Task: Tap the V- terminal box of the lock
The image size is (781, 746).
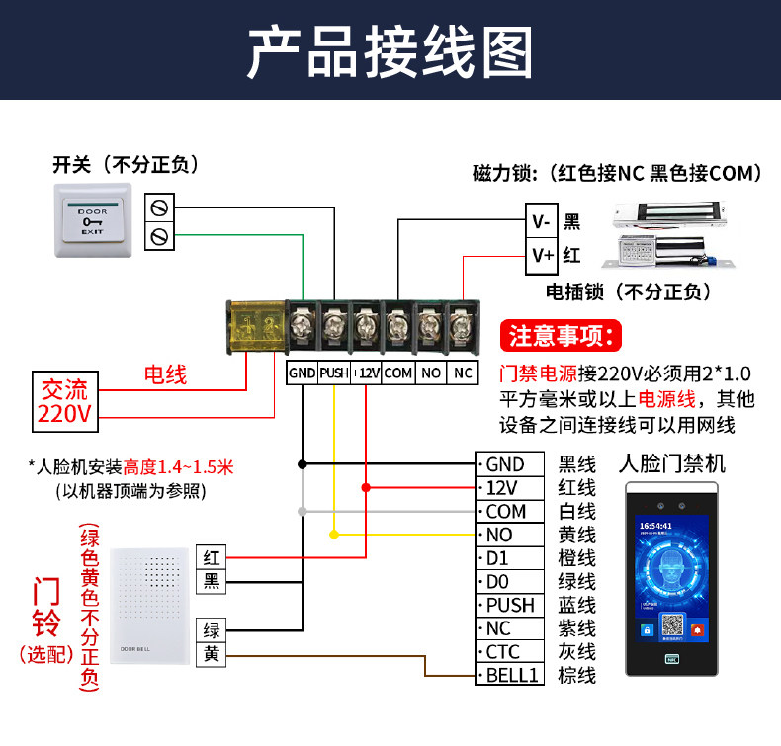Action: click(x=542, y=222)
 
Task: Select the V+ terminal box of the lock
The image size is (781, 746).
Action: click(x=542, y=256)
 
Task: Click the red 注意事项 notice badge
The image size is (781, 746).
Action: click(x=563, y=336)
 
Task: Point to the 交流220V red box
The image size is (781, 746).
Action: click(x=65, y=400)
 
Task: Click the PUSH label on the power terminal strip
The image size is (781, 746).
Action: click(x=333, y=373)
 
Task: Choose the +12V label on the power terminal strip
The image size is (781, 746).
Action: click(x=366, y=373)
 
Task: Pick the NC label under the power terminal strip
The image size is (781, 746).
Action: click(x=463, y=373)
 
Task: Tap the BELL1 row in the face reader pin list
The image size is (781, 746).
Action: click(x=510, y=676)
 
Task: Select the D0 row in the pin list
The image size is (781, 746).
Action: click(x=510, y=581)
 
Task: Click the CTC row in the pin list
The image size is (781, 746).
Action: click(x=510, y=652)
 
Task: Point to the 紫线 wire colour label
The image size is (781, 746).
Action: click(x=577, y=628)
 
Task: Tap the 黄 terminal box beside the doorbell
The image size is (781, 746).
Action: click(x=212, y=654)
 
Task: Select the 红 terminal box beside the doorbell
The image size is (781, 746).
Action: click(x=212, y=558)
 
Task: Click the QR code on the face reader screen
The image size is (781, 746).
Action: click(x=672, y=626)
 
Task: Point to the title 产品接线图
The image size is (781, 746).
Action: click(x=390, y=51)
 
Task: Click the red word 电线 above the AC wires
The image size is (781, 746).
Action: click(x=165, y=374)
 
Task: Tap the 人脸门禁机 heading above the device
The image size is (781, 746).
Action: click(x=672, y=463)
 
